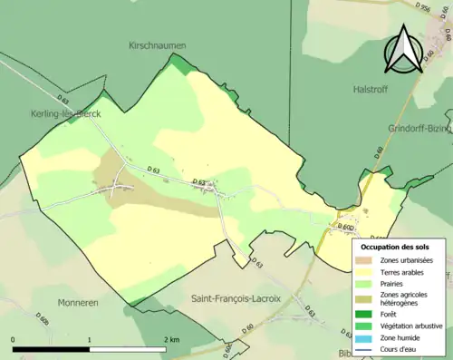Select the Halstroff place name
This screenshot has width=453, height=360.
[370, 89]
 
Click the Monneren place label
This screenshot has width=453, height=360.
[77, 302]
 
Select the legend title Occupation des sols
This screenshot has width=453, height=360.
[395, 247]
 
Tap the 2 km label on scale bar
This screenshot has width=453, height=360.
[172, 338]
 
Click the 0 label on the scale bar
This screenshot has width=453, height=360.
[14, 338]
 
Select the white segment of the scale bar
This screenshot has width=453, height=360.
[128, 348]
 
